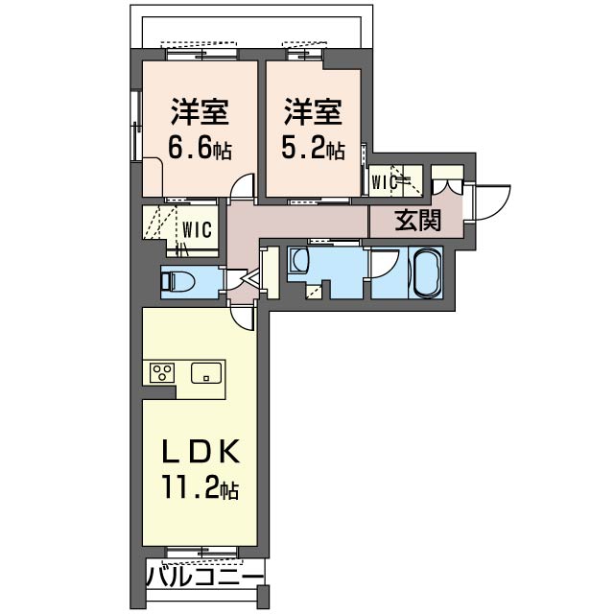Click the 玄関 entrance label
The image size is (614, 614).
pyautogui.click(x=418, y=221)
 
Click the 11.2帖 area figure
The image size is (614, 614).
pyautogui.click(x=201, y=489)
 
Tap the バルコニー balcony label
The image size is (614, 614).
pyautogui.click(x=204, y=578)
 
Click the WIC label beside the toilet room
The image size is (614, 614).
pyautogui.click(x=198, y=229)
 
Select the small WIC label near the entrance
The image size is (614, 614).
pyautogui.click(x=385, y=179)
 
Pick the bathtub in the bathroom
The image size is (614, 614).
pyautogui.click(x=426, y=273)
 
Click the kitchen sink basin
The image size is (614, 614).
pyautogui.click(x=206, y=373)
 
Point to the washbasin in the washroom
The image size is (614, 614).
pyautogui.click(x=299, y=261)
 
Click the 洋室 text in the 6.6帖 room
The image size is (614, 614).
pyautogui.click(x=201, y=112)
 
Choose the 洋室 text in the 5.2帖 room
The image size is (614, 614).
pyautogui.click(x=313, y=112)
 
